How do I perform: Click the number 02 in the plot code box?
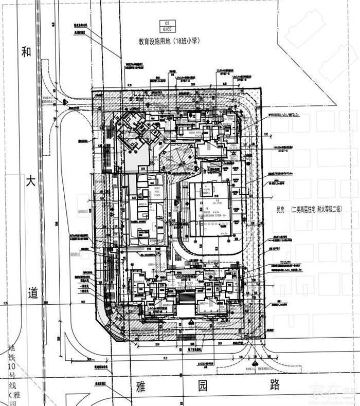[x=166, y=24]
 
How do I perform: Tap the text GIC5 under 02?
[x=166, y=30]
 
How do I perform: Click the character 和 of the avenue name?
[x=27, y=51]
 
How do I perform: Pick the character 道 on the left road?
[x=33, y=294]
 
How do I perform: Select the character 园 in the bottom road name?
[x=211, y=384]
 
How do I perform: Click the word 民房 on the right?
[x=280, y=210]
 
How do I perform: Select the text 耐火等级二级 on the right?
[x=328, y=210]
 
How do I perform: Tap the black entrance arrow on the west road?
[x=65, y=102]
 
